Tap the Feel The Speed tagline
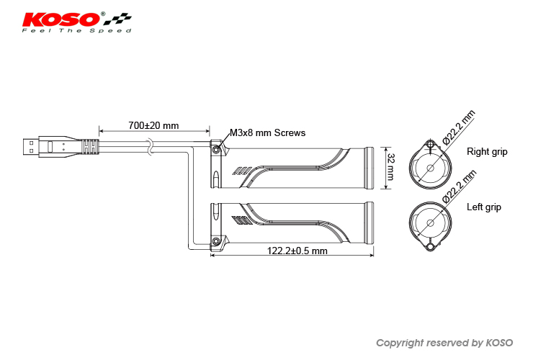[77, 31]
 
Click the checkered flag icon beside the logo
[120, 18]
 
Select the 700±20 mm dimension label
[153, 125]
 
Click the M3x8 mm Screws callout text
[268, 133]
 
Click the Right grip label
[488, 152]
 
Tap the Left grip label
[484, 207]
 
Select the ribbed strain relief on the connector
[89, 146]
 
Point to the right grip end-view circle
[430, 168]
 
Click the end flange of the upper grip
[369, 168]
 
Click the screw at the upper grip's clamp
[215, 150]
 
